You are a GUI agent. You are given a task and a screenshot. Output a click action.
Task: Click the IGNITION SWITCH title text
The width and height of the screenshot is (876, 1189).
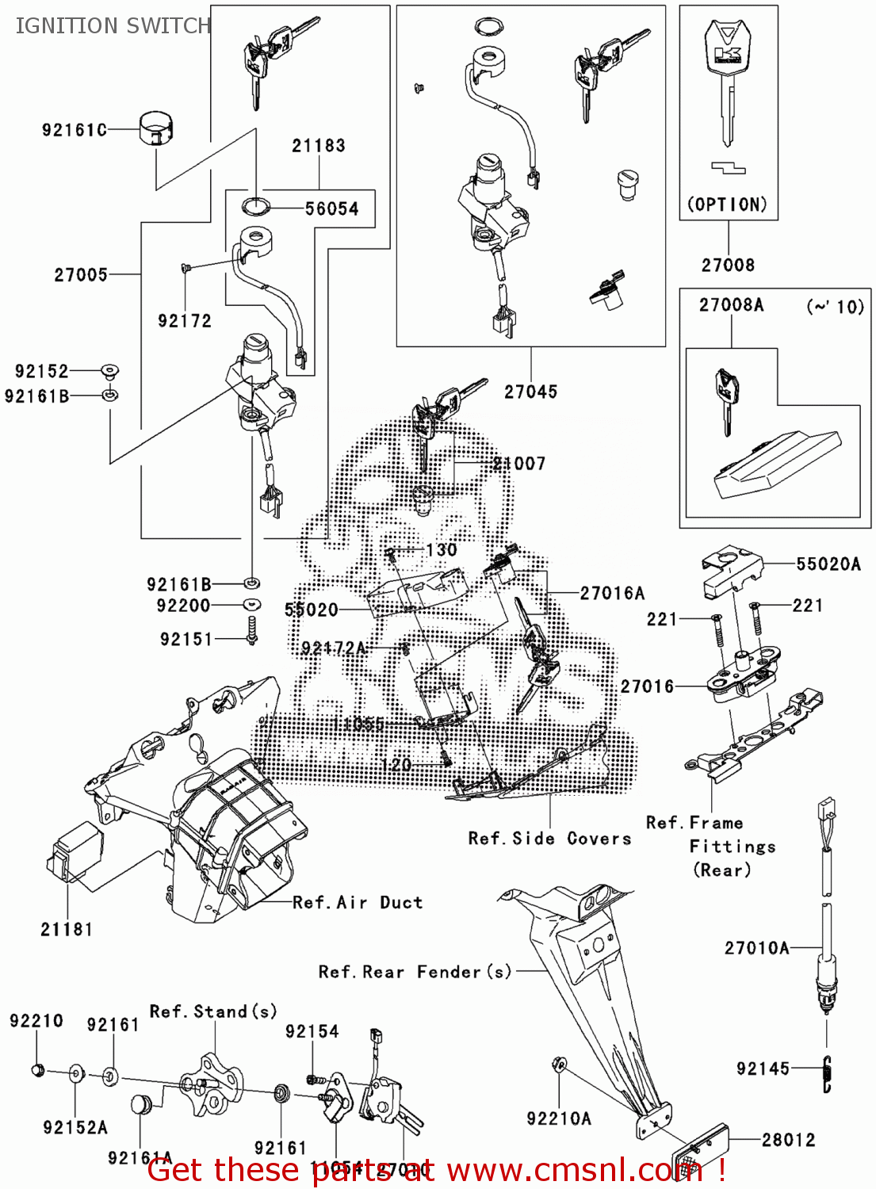point(113,26)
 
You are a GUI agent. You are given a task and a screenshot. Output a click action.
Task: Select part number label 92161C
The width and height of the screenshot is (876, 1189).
point(74,130)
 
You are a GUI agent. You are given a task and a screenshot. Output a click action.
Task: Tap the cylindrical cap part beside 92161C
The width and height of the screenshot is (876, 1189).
point(156,129)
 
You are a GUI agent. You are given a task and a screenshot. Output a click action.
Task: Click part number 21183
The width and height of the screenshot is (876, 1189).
point(319,146)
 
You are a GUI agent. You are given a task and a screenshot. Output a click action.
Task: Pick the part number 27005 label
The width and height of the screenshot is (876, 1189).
point(81,275)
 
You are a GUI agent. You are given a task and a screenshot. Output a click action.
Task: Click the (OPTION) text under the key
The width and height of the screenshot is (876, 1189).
point(727,205)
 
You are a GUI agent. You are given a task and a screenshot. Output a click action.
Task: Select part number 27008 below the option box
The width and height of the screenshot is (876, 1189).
point(728,266)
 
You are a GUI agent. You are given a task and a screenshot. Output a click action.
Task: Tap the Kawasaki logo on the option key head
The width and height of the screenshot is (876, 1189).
point(727,48)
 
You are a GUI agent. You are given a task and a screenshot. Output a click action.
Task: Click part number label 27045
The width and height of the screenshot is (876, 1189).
point(531,392)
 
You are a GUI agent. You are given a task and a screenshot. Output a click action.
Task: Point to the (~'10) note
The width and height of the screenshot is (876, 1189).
point(835,307)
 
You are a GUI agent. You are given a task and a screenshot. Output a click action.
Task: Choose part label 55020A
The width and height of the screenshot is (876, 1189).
point(828,564)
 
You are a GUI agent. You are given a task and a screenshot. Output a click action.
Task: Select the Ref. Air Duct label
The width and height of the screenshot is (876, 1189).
point(358,903)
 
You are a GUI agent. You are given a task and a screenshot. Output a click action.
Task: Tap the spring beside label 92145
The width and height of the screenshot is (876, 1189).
point(827,1074)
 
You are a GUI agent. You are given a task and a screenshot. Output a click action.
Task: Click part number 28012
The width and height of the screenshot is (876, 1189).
point(788,1140)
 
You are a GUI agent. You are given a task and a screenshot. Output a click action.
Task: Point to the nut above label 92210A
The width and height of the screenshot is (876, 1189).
point(558,1064)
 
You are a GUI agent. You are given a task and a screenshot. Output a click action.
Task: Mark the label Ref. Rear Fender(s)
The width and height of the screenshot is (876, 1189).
point(415,972)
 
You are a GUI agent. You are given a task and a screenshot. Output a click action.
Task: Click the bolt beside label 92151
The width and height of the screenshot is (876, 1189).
point(253,631)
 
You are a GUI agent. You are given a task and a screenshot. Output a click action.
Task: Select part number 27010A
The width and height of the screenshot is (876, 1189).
point(757,948)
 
